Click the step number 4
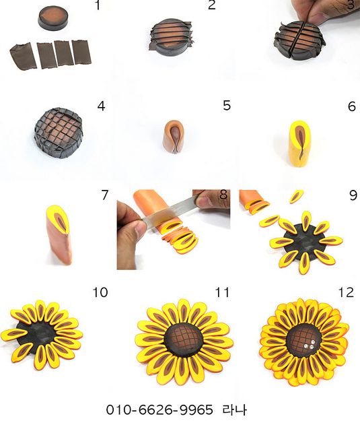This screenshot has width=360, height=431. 101,106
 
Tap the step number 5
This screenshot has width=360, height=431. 227,105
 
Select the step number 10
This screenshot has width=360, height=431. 100,292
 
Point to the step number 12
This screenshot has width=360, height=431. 346,292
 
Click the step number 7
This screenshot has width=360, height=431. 104,195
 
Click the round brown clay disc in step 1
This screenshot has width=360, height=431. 54,18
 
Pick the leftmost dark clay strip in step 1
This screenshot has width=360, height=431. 24,57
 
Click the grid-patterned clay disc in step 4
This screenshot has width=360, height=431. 59,133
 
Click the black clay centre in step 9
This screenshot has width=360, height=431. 303,242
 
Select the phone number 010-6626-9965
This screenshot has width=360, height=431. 159,409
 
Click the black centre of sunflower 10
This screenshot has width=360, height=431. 37,335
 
